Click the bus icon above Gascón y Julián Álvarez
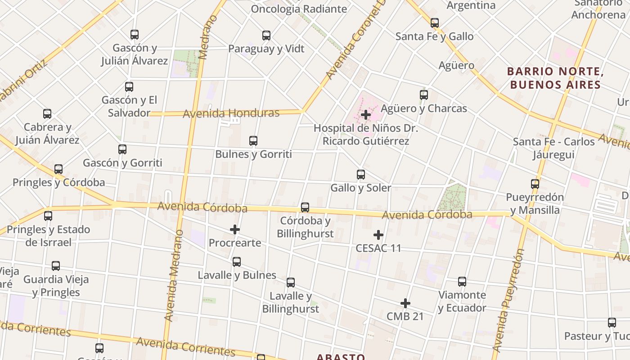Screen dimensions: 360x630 [x=134, y=35]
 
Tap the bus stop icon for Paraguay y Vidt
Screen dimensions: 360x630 [x=266, y=36]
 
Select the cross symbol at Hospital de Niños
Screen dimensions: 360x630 [x=366, y=115]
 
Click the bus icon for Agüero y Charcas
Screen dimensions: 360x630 [x=424, y=95]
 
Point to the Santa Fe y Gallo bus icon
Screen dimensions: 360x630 [x=434, y=23]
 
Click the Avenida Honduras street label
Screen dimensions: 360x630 [x=231, y=113]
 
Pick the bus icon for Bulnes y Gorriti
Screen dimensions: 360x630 [x=253, y=141]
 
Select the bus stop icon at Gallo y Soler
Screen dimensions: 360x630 [x=360, y=175]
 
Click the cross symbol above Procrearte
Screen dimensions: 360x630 [x=235, y=230]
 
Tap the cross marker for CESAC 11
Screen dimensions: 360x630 [x=378, y=235]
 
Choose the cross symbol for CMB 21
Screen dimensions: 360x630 [x=405, y=303]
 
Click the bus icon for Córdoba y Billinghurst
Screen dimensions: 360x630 [x=305, y=207]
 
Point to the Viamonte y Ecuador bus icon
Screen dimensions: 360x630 [x=462, y=282]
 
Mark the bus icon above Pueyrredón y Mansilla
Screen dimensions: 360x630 [x=535, y=184]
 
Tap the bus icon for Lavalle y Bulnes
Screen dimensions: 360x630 [x=237, y=262]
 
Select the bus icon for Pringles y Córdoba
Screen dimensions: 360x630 [x=58, y=170]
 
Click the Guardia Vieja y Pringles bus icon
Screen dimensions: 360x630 [x=56, y=266]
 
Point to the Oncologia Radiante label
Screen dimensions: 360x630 [x=299, y=9]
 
